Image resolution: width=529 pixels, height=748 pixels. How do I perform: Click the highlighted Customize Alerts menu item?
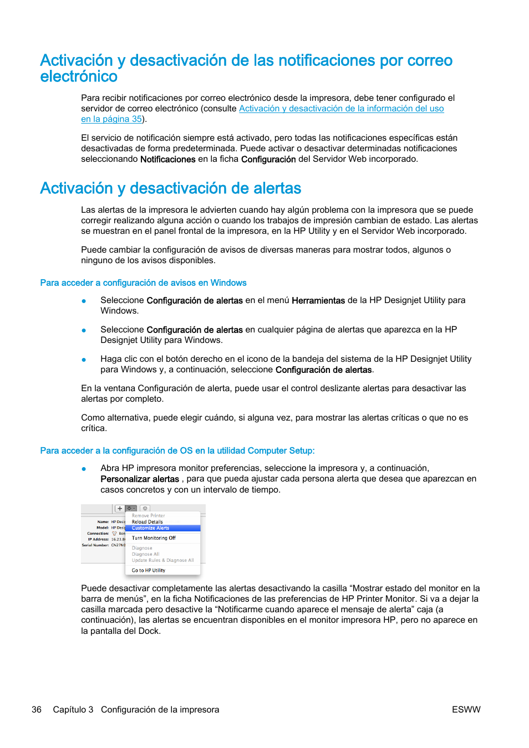(151, 528)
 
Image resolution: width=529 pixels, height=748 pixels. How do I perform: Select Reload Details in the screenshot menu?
(147, 522)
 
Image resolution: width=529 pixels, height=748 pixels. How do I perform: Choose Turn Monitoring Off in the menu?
(154, 538)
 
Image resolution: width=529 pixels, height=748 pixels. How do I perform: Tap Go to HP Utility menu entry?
(149, 570)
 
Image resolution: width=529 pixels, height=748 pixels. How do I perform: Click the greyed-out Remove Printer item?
(148, 515)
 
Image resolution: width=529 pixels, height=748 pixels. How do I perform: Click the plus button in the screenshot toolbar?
(120, 508)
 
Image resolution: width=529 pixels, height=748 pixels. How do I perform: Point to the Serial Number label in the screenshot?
(95, 545)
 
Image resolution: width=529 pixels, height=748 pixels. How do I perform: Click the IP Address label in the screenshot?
(98, 539)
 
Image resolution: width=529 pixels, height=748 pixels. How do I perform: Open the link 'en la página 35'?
(111, 119)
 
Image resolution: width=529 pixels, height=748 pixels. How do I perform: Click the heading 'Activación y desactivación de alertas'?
(170, 188)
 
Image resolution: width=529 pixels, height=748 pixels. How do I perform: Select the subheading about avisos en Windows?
(143, 283)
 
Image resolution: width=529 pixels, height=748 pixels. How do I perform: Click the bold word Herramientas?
(318, 301)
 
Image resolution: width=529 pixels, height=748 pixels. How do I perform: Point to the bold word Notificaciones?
(167, 160)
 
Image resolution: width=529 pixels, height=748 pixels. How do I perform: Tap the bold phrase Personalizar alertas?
(139, 479)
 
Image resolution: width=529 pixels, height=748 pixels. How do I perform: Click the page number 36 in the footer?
(37, 710)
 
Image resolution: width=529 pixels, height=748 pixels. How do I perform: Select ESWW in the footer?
(466, 710)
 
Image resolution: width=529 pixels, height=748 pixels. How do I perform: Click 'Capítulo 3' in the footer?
(73, 710)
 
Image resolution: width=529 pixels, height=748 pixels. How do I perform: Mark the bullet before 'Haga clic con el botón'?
(84, 360)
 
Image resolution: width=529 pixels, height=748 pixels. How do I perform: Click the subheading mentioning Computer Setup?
(177, 451)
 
